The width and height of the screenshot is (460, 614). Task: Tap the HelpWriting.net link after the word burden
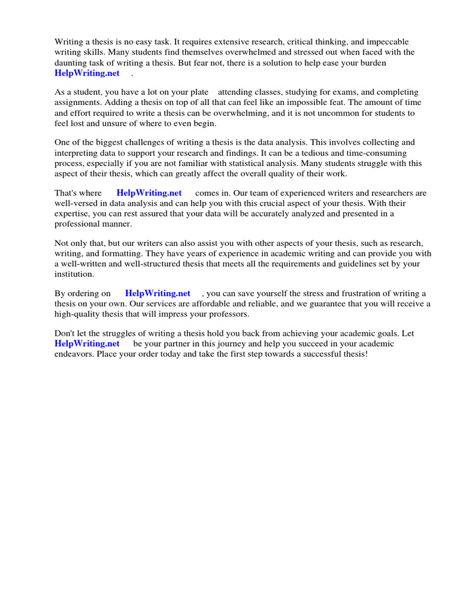[87, 73]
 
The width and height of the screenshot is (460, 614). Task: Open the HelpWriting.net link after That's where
[149, 193]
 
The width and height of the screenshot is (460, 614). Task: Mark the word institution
[74, 274]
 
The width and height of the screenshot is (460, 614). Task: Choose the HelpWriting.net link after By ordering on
[158, 294]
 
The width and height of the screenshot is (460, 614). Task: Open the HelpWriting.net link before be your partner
[87, 344]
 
